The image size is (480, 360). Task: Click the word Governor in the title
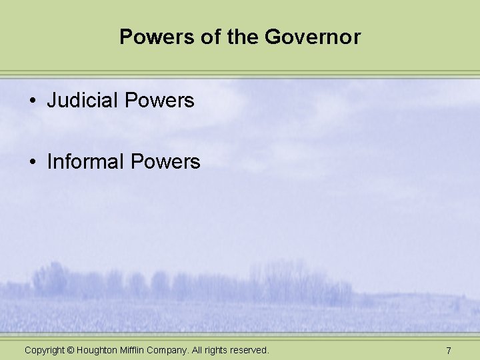(313, 37)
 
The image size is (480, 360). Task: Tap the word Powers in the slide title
(150, 37)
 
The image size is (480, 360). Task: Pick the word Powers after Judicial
(159, 101)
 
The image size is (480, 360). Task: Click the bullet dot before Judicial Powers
(32, 101)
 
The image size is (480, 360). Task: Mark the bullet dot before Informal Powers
(32, 162)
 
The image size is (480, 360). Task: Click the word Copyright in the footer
(45, 350)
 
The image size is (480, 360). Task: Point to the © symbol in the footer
(71, 350)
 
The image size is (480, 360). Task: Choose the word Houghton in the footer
(99, 350)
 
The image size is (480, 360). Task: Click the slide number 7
(449, 351)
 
